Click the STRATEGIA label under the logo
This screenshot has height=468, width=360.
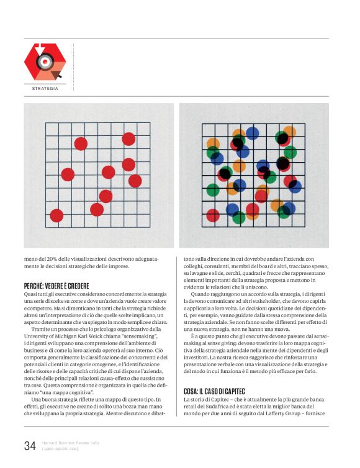pos(45,88)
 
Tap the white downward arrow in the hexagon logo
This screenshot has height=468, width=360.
pos(35,49)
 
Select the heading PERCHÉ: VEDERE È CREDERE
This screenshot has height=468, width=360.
pos(58,286)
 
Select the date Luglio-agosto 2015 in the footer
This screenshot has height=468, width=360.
pos(61,448)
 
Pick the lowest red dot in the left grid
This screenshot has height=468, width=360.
pos(56,215)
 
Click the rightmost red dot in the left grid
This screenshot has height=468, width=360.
pos(135,181)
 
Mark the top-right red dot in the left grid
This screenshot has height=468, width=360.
pos(128,139)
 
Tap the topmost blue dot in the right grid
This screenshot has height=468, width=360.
pos(252,133)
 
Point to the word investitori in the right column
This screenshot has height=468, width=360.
pos(200,358)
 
